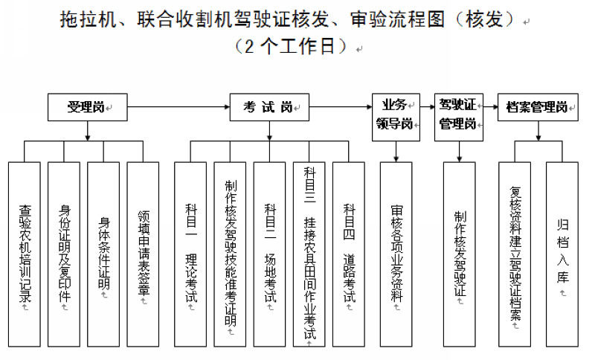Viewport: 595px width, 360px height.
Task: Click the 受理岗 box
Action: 87,107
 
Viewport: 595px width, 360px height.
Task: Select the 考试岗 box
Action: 269,107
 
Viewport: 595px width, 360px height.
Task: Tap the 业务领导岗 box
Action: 396,115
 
